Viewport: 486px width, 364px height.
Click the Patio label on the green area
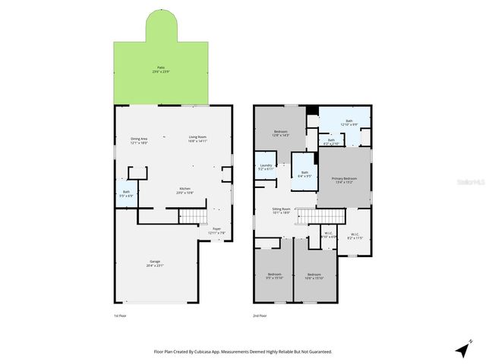pos(160,69)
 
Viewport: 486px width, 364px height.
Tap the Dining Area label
pos(139,140)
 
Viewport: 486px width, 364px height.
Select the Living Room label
pos(198,139)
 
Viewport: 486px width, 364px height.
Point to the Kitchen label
pos(185,190)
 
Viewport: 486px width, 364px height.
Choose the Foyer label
pos(216,230)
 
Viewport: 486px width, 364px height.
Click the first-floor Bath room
pos(127,193)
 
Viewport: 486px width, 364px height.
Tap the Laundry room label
pos(266,167)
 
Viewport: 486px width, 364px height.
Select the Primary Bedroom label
pos(345,180)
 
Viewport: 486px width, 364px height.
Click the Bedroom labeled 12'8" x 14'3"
pos(281,133)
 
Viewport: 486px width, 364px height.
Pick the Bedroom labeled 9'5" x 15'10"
pos(274,276)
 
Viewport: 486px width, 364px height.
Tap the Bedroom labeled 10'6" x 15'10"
pos(314,276)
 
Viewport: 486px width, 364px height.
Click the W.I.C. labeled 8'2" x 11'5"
pos(355,236)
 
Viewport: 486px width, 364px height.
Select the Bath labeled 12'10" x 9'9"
pos(349,123)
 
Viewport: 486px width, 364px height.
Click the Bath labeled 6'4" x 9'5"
pos(304,174)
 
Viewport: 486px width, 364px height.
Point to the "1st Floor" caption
pos(121,315)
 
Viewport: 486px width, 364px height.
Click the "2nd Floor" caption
pos(260,315)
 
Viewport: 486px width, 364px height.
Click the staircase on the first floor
pos(195,218)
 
